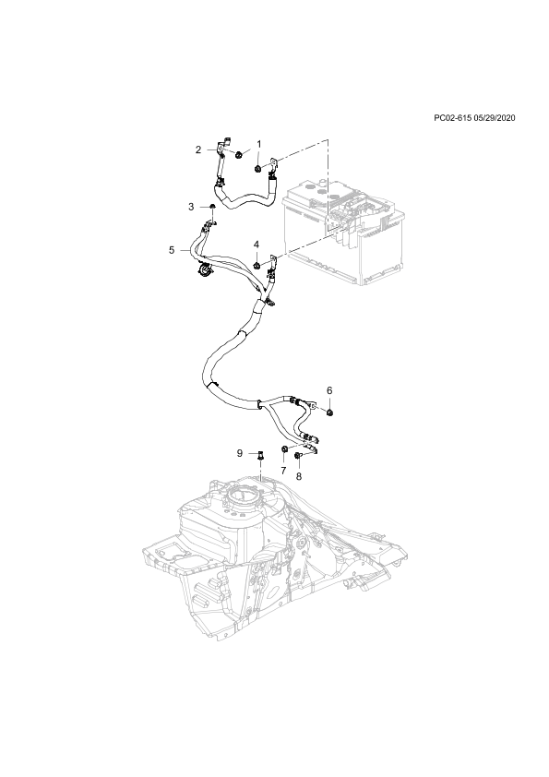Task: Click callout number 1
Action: pos(258,144)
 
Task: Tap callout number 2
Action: pos(198,149)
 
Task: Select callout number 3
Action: pos(191,207)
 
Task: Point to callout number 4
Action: pos(257,245)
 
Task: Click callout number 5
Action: pos(172,250)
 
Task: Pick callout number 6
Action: pos(329,391)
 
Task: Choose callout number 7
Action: pos(283,471)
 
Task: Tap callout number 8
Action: pos(299,476)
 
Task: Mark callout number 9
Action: pos(239,453)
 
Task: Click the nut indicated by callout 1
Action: pos(258,170)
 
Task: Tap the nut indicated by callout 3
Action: pos(212,206)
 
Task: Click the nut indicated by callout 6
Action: pos(330,412)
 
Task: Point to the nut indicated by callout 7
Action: pos(284,449)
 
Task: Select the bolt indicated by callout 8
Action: pos(297,455)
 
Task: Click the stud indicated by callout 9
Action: pos(260,455)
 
